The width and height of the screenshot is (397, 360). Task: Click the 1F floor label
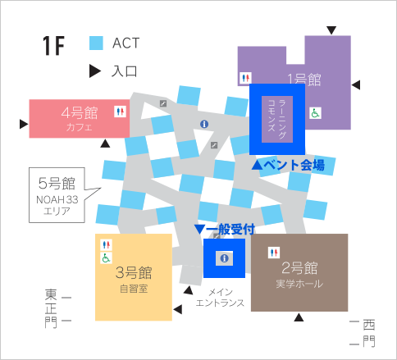point(53,46)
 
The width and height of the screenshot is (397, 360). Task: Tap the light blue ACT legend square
point(96,43)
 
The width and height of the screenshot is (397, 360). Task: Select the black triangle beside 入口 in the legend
point(95,71)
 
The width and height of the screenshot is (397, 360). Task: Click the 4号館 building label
point(80,113)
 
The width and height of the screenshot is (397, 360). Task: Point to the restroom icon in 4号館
point(120,112)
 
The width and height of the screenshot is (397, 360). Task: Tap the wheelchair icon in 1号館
point(315,113)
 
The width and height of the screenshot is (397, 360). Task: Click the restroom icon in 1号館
point(245,78)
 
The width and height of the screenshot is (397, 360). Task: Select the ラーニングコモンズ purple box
point(277,119)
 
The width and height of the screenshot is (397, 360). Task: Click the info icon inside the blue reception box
point(224,258)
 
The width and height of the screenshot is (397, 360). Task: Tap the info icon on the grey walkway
point(204,124)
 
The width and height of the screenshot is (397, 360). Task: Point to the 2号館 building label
point(299,268)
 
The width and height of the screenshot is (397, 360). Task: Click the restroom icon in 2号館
point(274,253)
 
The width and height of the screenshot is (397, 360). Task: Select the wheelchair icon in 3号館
point(106,257)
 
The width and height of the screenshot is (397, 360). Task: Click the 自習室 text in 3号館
point(134,289)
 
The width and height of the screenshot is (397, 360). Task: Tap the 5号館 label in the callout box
point(57,183)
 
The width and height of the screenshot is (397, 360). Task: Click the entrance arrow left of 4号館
point(24,124)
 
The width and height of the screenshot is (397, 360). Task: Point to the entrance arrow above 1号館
point(331,30)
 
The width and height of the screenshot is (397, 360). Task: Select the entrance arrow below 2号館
point(299,317)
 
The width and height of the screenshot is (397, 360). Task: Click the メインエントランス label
point(220,298)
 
